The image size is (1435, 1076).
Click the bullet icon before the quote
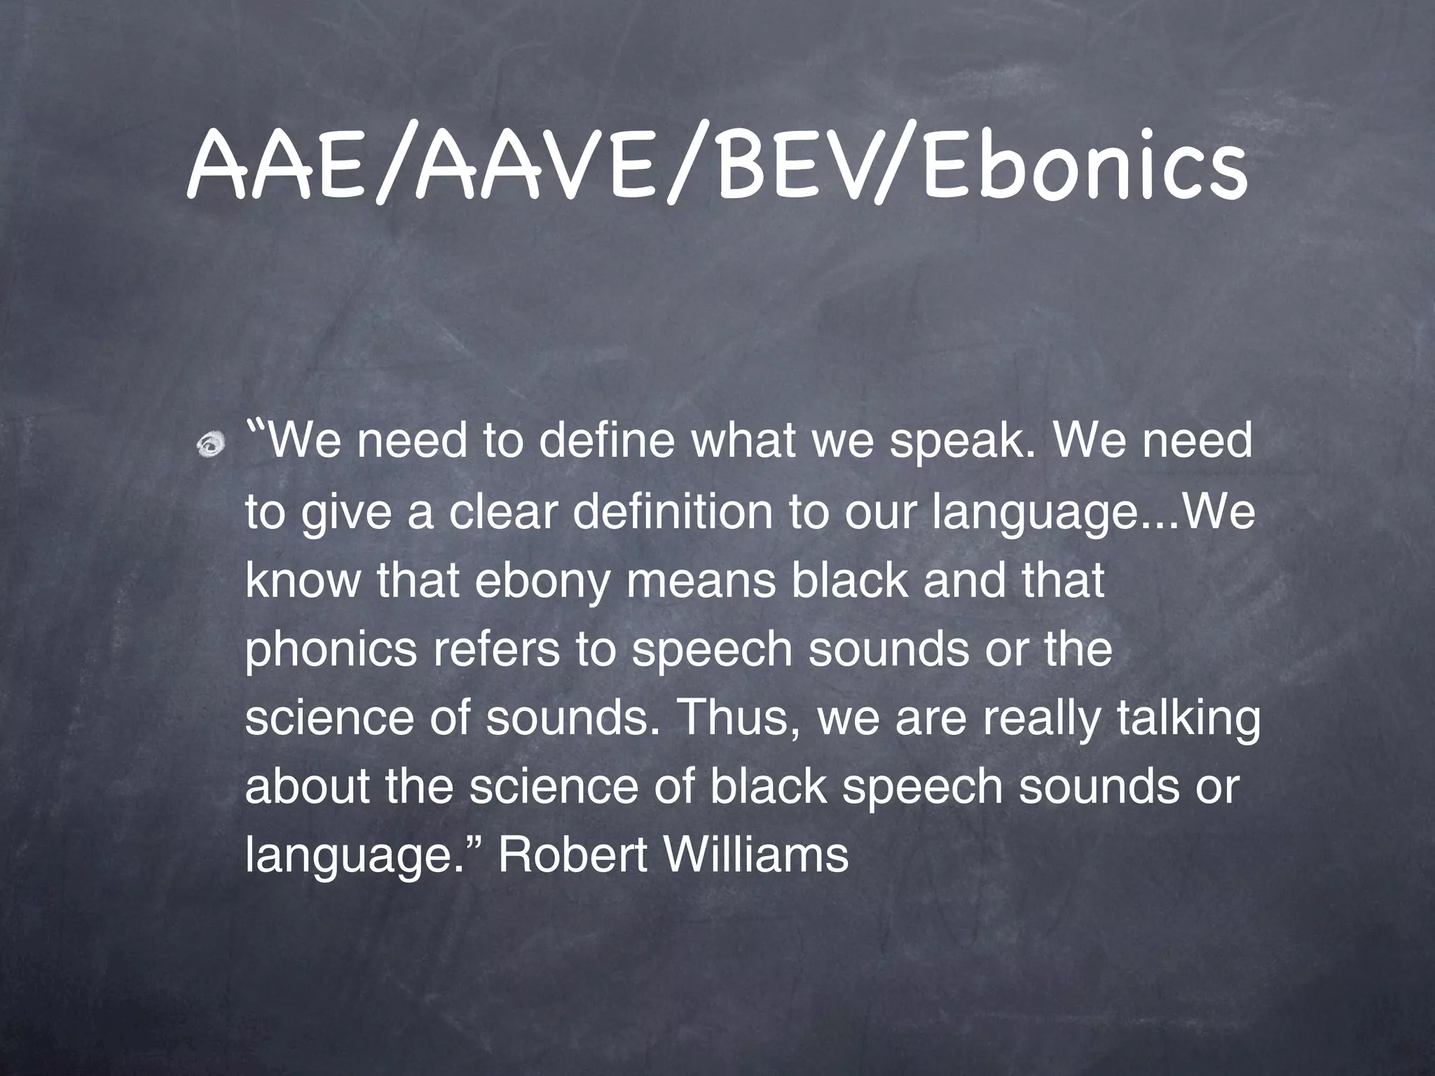(211, 443)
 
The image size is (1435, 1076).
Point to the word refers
(497, 650)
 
